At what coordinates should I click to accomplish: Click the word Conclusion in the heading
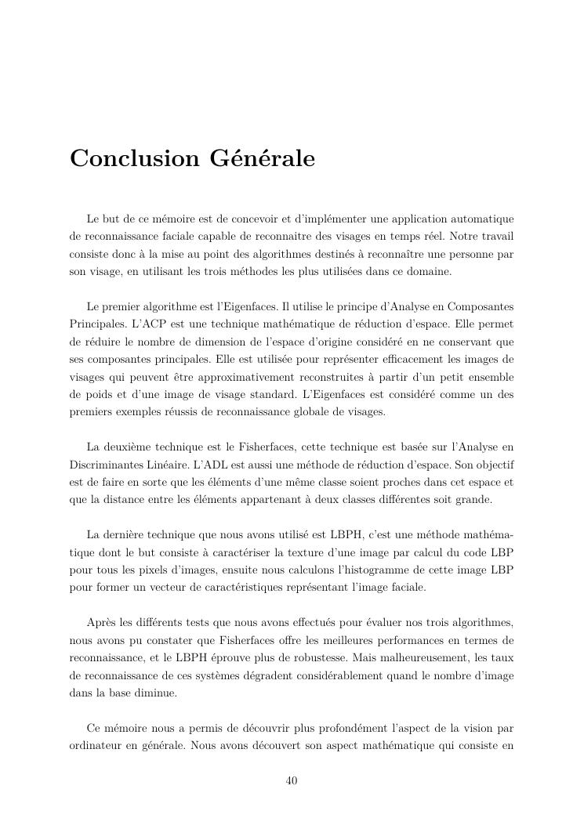tap(135, 159)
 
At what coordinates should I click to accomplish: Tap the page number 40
tap(292, 780)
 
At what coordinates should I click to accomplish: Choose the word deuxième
tap(131, 447)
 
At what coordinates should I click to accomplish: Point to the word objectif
tap(491, 465)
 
